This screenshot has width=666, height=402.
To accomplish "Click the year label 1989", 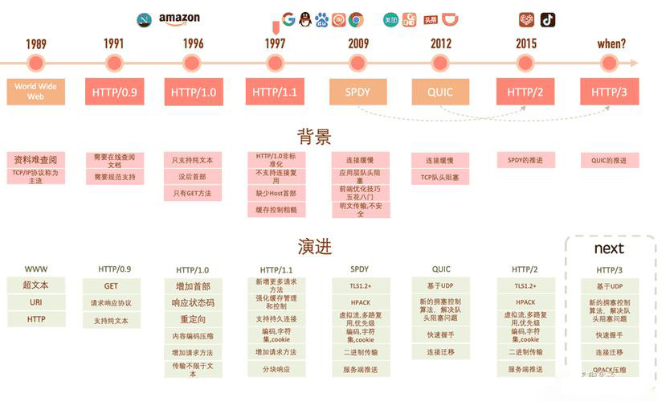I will pos(36,44).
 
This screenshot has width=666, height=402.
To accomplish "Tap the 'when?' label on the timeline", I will pos(611,44).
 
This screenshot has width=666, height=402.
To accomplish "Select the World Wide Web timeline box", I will pos(36,92).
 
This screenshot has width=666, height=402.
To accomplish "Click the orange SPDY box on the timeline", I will pos(358,92).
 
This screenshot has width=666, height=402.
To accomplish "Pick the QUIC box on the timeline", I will pos(440,92).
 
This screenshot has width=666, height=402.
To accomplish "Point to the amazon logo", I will pos(179,18).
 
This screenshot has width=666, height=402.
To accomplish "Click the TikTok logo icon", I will pos(548,20).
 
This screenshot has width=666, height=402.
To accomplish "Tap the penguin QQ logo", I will pos(305,20).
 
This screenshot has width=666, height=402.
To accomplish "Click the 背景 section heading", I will pos(314,137).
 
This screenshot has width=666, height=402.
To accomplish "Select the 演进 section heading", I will pos(314,246).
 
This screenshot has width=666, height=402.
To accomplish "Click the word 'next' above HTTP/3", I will pos(609,248).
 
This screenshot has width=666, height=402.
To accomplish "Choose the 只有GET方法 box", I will pos(194,194).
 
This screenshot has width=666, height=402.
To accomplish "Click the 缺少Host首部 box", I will pos(276,193).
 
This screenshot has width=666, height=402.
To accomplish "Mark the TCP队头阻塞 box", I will pos(440,178).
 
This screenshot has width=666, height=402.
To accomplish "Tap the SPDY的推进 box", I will pos(525,160).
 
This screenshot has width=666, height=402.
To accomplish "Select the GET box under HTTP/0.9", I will pos(112,285).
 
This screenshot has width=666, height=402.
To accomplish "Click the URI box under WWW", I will pos(36,302).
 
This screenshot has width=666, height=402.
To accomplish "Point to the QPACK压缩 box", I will pos(609,370).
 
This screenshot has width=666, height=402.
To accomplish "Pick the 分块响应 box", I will pos(276,369).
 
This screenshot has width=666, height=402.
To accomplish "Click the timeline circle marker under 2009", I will pos(358,63).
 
